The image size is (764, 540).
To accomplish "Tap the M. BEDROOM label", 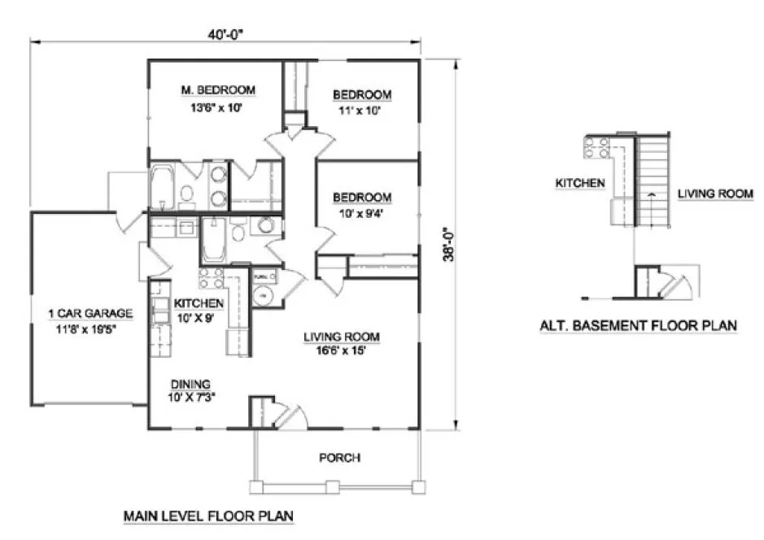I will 217,89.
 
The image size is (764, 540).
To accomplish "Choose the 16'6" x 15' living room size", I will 342,351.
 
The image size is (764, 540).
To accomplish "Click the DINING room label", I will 191,384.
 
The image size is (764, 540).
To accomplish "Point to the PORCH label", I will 340,458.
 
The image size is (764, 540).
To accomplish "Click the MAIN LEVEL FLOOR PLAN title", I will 207,516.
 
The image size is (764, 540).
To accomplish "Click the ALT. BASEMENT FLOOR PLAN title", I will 639,325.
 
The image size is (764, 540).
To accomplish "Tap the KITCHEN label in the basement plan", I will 579,183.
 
